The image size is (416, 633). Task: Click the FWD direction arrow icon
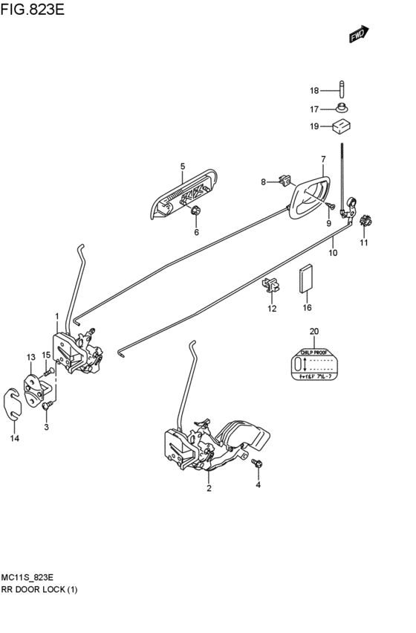[x=359, y=34]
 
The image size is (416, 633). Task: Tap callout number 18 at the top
[x=314, y=91]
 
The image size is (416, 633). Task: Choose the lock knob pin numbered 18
[x=343, y=89]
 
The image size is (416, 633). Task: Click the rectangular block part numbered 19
[x=342, y=126]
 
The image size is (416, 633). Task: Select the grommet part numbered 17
[x=343, y=108]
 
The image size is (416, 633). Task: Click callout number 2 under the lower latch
[x=209, y=489]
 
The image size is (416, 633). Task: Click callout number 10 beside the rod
[x=333, y=253]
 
